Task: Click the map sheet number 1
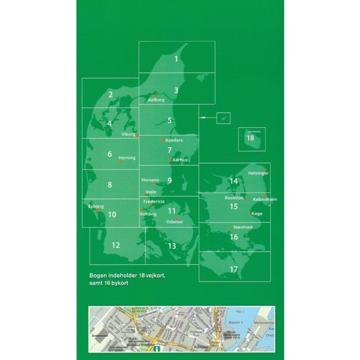pos(176,58)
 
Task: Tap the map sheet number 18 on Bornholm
pos(250,137)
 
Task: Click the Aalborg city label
pos(156,100)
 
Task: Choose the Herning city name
pos(127,158)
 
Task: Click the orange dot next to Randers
pos(162,140)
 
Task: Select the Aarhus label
pos(180,160)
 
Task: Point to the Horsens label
pos(150,180)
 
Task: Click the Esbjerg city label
pos(96,206)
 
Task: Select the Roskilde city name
pos(234,198)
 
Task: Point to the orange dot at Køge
pos(250,213)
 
